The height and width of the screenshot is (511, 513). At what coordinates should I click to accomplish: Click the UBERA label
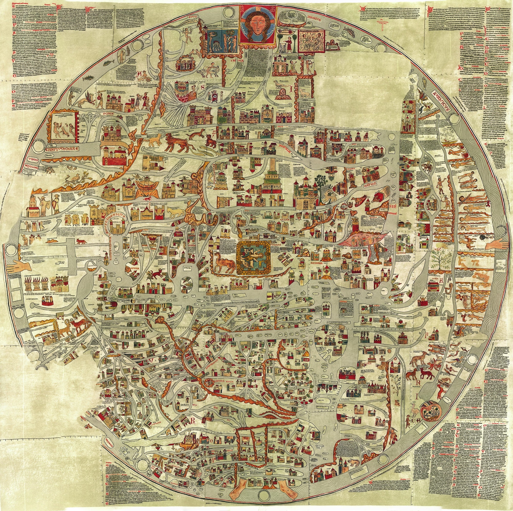point(34,159)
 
